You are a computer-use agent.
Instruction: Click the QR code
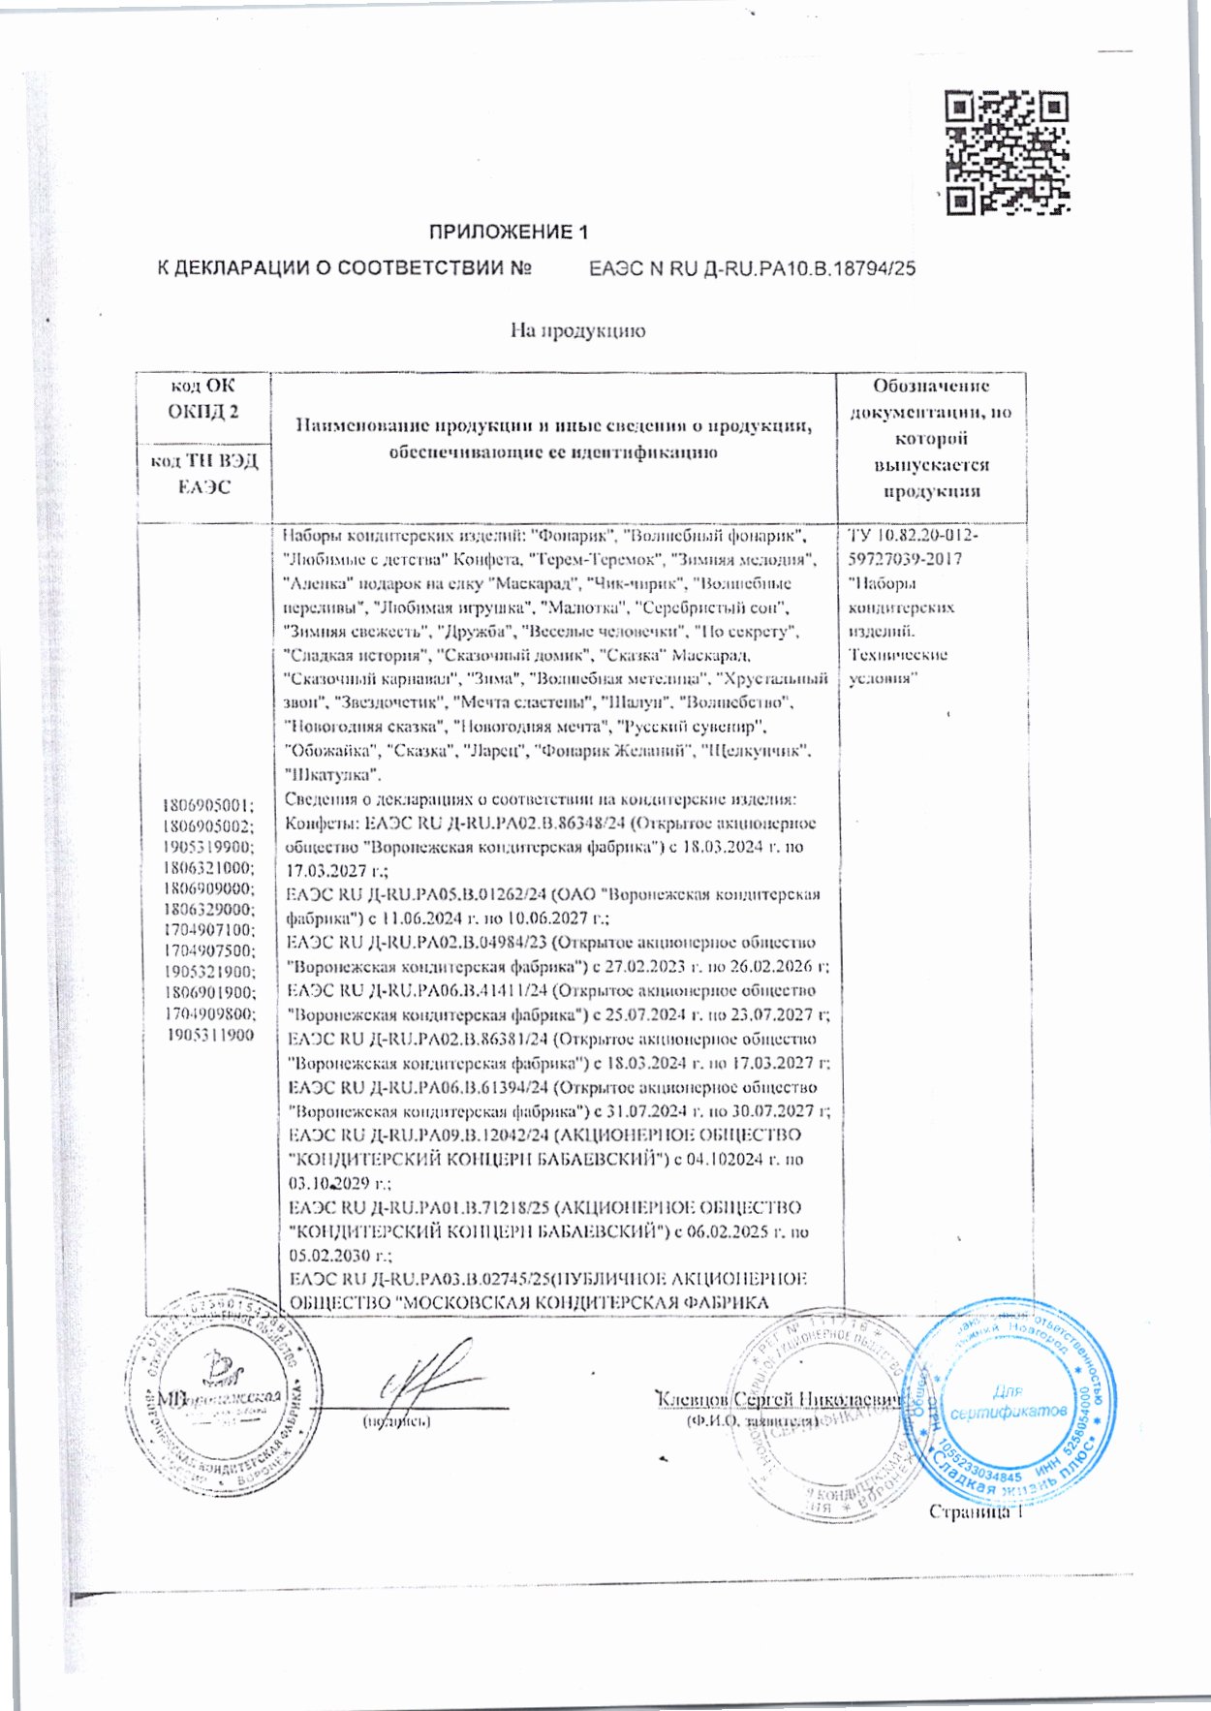tap(1008, 152)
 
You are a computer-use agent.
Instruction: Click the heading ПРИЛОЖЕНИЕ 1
tap(509, 233)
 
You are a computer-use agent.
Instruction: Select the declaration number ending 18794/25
tap(752, 269)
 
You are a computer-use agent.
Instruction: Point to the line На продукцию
tap(577, 331)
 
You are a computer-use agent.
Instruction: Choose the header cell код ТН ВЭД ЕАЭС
tap(203, 474)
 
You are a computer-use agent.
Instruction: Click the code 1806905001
tap(207, 805)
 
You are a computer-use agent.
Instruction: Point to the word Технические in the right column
tap(897, 655)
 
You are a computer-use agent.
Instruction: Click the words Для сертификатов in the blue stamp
tap(1008, 1402)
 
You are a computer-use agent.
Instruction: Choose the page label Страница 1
tap(975, 1512)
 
